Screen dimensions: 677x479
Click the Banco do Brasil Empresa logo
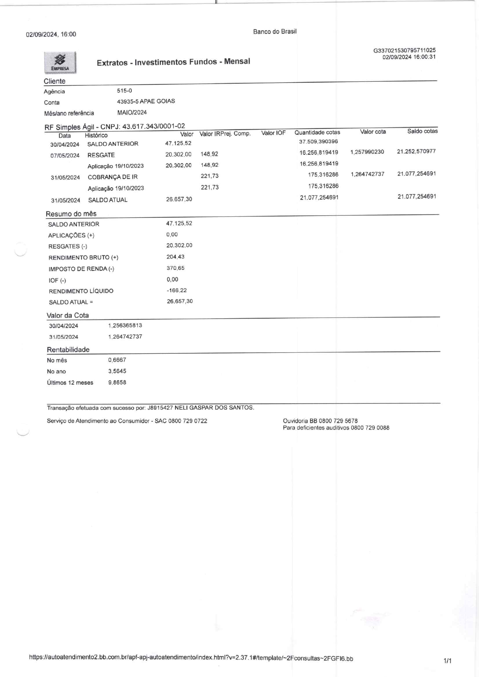point(60,62)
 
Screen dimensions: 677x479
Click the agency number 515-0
point(124,91)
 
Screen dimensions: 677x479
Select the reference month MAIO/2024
point(132,113)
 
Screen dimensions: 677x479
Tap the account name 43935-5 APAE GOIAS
point(146,101)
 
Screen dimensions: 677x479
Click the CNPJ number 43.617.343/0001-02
point(154,126)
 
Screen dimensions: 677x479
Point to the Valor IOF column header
point(273,133)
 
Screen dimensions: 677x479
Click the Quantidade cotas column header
point(317,132)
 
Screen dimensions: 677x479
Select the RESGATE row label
point(101,155)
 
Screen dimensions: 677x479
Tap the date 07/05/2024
point(65,155)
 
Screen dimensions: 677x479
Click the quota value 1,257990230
point(367,152)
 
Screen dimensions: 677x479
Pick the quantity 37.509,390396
point(318,142)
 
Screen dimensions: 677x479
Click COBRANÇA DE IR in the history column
point(113,177)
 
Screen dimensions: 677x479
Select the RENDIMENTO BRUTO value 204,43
point(175,257)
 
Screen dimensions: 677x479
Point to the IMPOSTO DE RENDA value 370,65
point(175,268)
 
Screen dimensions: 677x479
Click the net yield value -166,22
point(177,290)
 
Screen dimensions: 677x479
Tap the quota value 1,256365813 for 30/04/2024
point(125,326)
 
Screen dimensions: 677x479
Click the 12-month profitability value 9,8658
point(117,383)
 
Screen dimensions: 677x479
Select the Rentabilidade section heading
point(68,350)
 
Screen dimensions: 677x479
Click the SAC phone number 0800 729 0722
point(188,421)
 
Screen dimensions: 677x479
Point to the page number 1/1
point(448,661)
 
